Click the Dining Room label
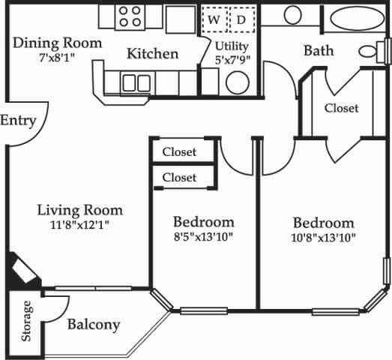[x=57, y=43]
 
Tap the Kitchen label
[x=152, y=54]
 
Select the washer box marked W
[x=214, y=19]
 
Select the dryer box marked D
[x=241, y=19]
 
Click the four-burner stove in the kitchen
[x=130, y=16]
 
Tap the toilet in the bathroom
[x=370, y=52]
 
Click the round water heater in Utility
[x=238, y=82]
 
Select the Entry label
[x=18, y=121]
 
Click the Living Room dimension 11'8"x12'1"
[x=80, y=224]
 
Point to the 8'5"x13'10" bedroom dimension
[x=203, y=238]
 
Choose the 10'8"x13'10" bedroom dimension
[x=323, y=238]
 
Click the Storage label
[x=28, y=321]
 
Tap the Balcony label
[x=94, y=325]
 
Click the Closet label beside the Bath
[x=341, y=108]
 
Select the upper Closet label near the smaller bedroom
[x=179, y=151]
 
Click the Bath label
[x=319, y=51]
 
